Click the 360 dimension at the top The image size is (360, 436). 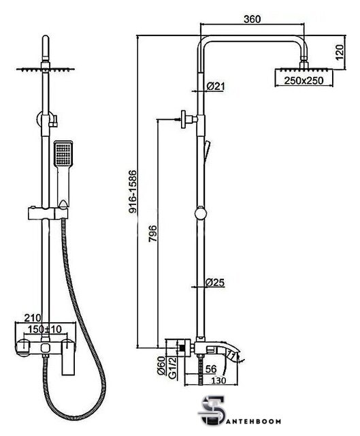click(252, 19)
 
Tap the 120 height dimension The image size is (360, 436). click(340, 52)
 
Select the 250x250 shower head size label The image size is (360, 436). click(304, 80)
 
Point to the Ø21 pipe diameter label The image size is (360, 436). click(215, 87)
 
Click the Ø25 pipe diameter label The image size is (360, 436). click(215, 283)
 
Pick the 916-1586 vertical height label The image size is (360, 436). click(133, 192)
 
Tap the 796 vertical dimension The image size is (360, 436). click(152, 234)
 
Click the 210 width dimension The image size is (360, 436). click(33, 317)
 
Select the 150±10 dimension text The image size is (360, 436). click(44, 329)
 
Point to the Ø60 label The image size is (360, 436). click(161, 366)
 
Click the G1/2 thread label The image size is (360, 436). click(173, 367)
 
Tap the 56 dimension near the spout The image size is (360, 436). click(210, 369)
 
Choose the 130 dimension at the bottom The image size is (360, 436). click(218, 380)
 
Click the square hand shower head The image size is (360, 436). click(63, 154)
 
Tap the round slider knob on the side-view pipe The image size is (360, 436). click(201, 214)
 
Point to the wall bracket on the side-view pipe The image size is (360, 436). click(189, 120)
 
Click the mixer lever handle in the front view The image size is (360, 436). click(68, 357)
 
